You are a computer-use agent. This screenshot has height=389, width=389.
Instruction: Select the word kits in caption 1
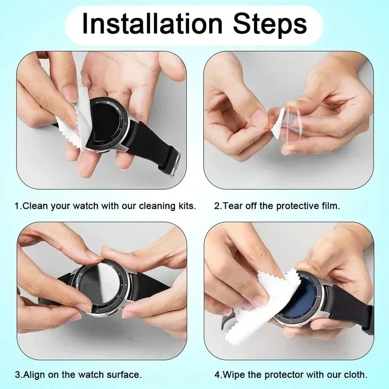tap(186, 206)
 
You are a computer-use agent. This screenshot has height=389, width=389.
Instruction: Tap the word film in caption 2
tap(331, 206)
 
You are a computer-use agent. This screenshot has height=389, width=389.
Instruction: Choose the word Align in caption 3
tap(34, 375)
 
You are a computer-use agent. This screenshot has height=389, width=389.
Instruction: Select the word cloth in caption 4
tap(356, 375)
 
